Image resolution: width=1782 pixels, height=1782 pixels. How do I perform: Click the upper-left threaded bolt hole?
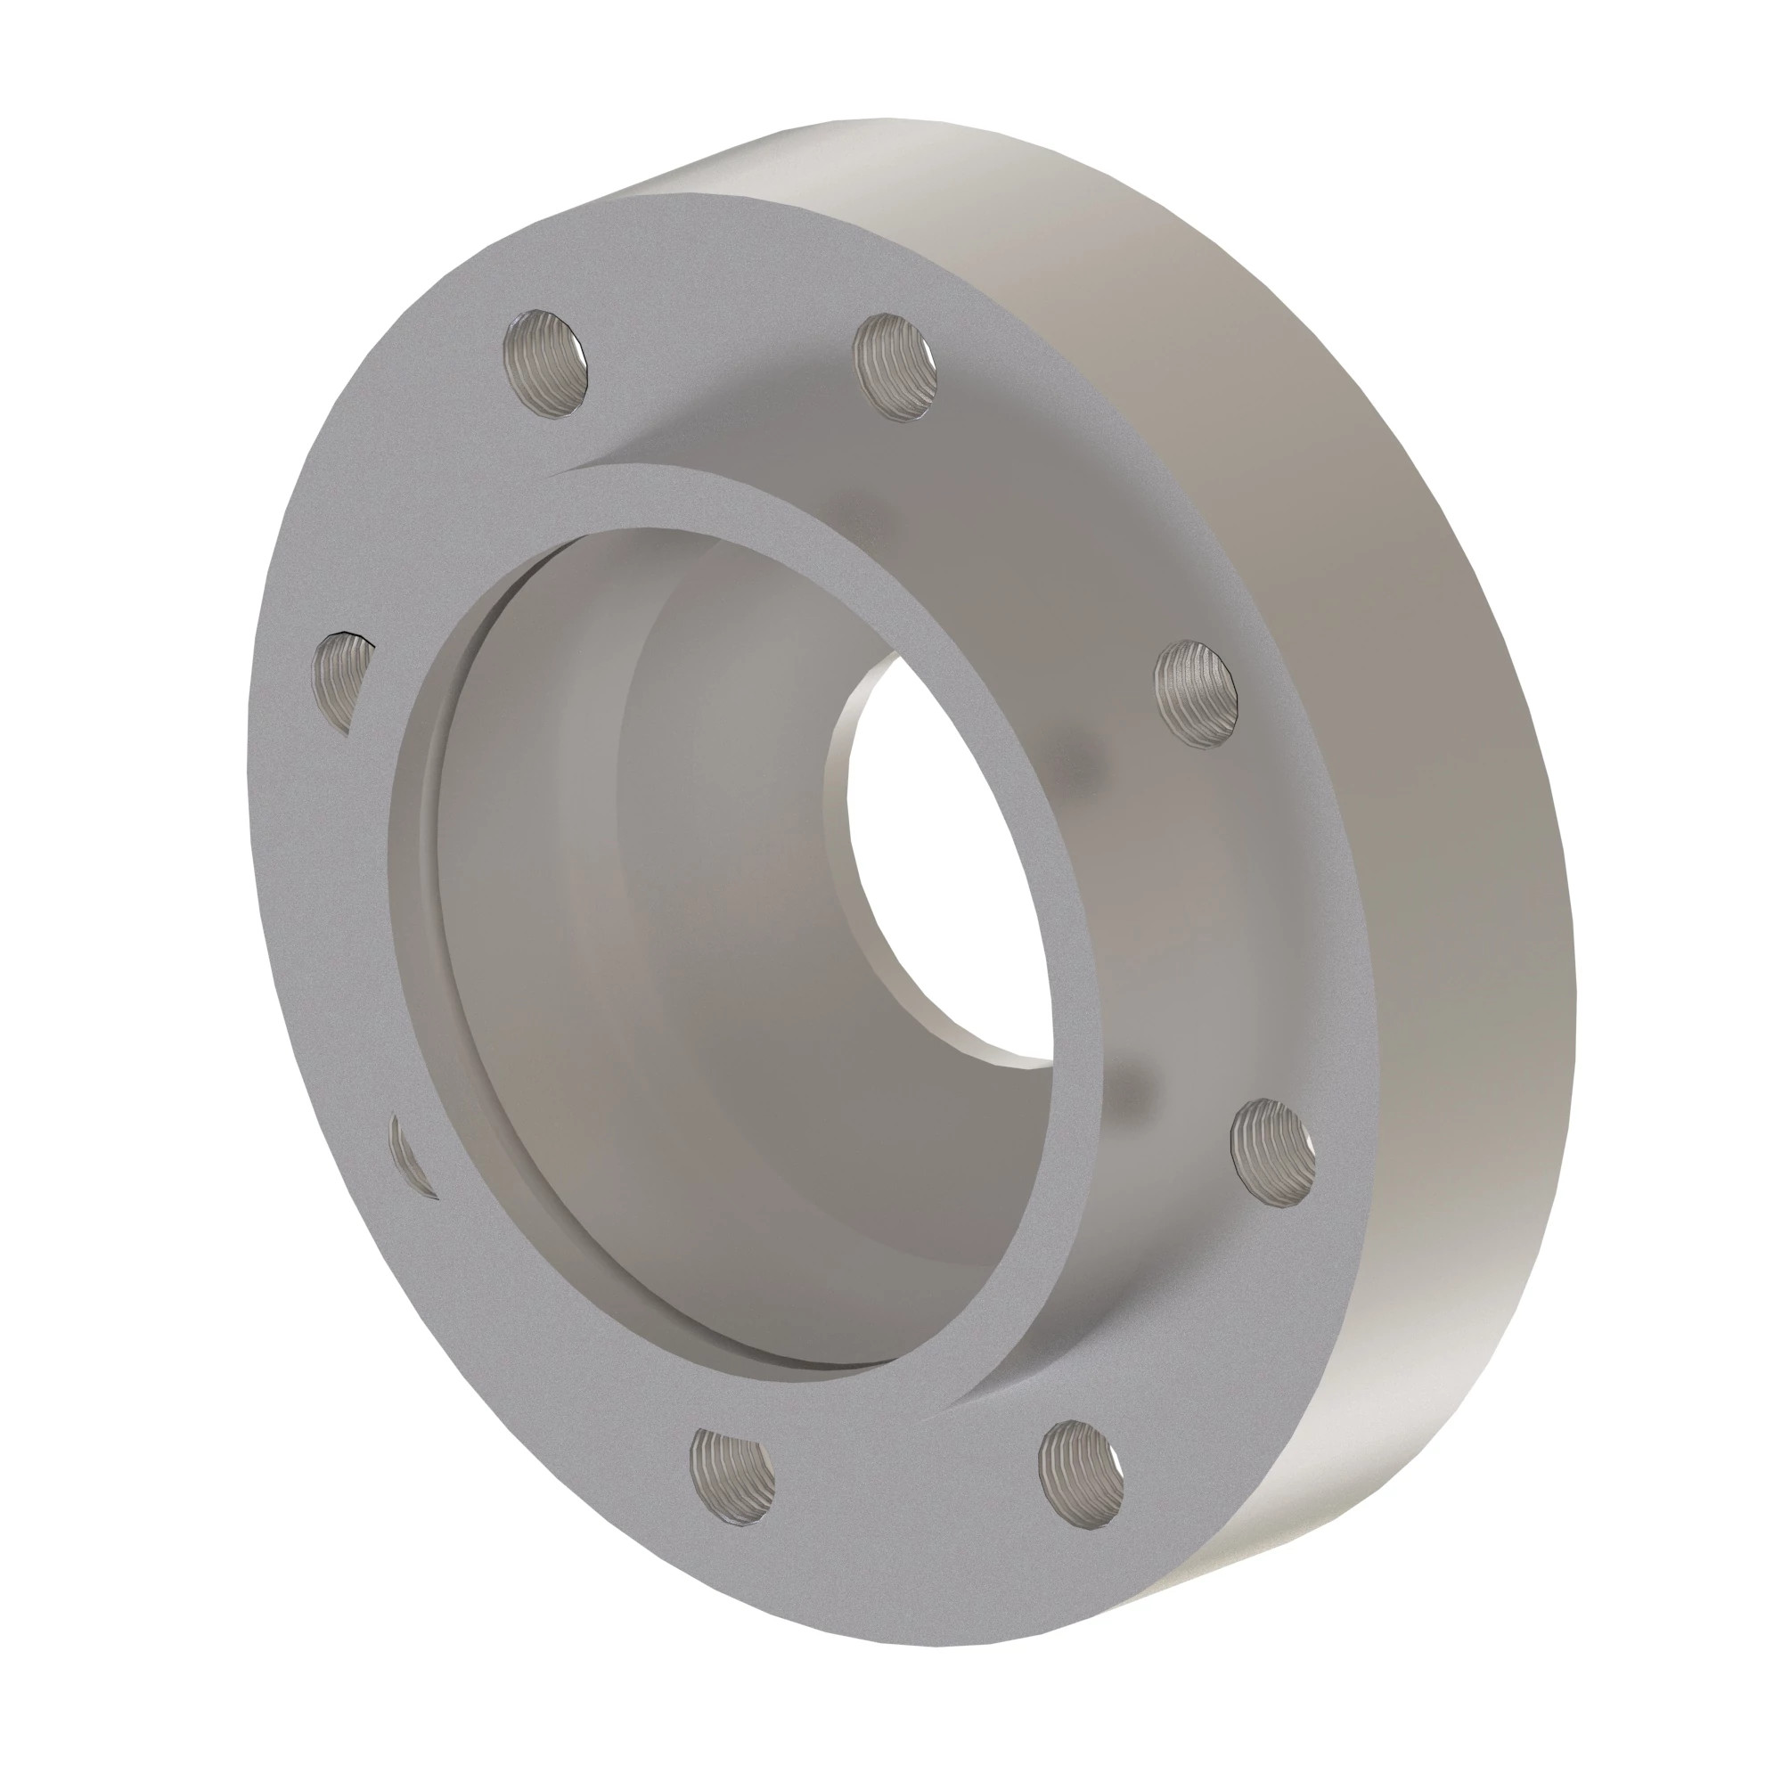coord(545,364)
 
